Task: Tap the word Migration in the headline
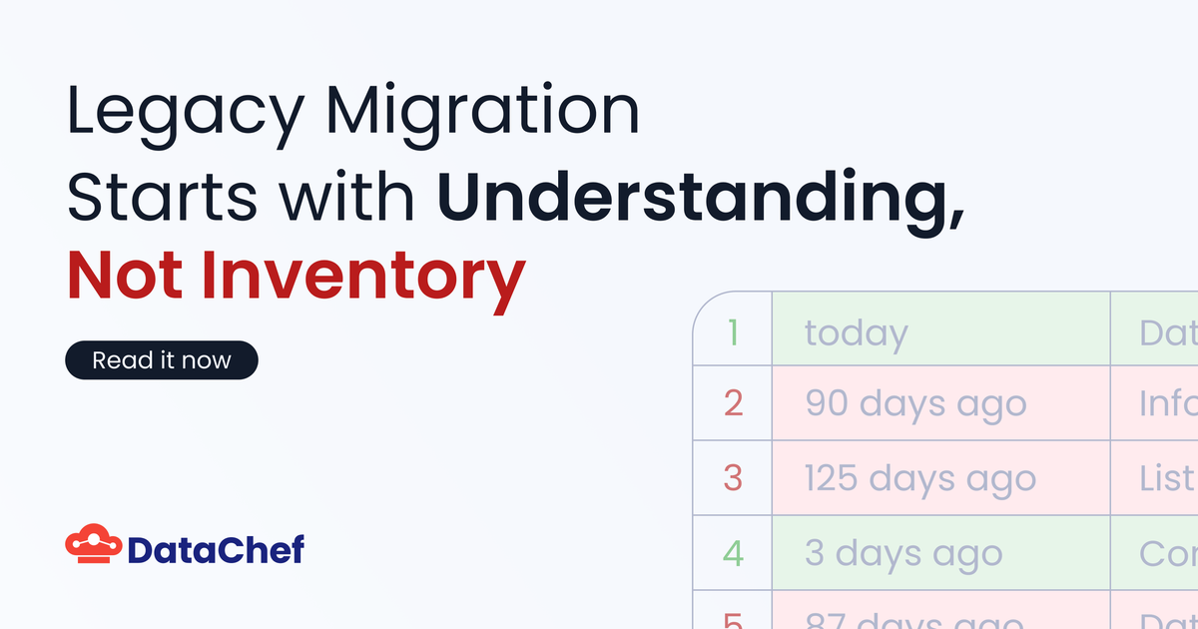(485, 114)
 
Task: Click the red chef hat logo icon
(93, 545)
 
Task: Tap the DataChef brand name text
(216, 548)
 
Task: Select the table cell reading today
(940, 329)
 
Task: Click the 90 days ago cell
(940, 403)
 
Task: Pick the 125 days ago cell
(940, 478)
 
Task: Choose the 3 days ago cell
(940, 553)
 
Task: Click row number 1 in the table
(733, 329)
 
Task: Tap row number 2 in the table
(733, 403)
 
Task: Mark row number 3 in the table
(733, 478)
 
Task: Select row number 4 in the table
(733, 553)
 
